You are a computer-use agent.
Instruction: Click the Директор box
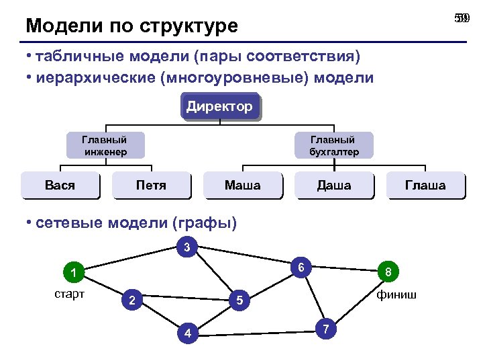click(x=219, y=106)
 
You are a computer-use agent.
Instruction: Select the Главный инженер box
click(x=105, y=145)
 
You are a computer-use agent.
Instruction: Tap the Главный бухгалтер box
click(x=333, y=145)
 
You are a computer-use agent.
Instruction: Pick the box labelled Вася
click(x=60, y=185)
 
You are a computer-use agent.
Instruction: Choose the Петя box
click(x=151, y=185)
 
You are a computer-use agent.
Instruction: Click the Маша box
click(x=242, y=185)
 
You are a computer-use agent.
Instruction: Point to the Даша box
click(x=333, y=185)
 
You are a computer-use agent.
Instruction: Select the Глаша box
click(x=425, y=185)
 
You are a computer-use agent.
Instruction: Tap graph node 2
click(x=132, y=300)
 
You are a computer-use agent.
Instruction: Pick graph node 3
click(x=187, y=247)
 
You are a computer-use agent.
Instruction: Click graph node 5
click(x=239, y=300)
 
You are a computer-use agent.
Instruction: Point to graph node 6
click(x=302, y=268)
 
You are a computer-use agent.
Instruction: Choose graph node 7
click(x=325, y=329)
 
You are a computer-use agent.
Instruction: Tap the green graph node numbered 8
click(x=388, y=273)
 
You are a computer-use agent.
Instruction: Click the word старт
click(x=69, y=294)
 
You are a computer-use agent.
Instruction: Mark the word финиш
click(x=396, y=294)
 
